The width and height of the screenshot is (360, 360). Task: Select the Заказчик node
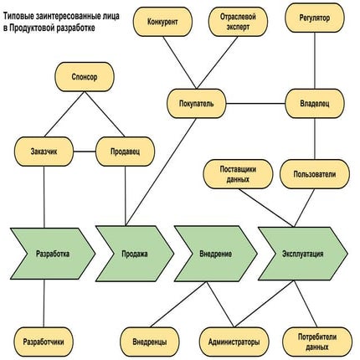point(42,152)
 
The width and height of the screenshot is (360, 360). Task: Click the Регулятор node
point(314,16)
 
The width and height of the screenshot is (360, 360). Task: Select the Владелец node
point(314,104)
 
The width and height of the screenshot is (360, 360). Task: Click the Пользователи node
point(314,174)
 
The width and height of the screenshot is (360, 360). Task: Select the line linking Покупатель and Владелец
point(258,104)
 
